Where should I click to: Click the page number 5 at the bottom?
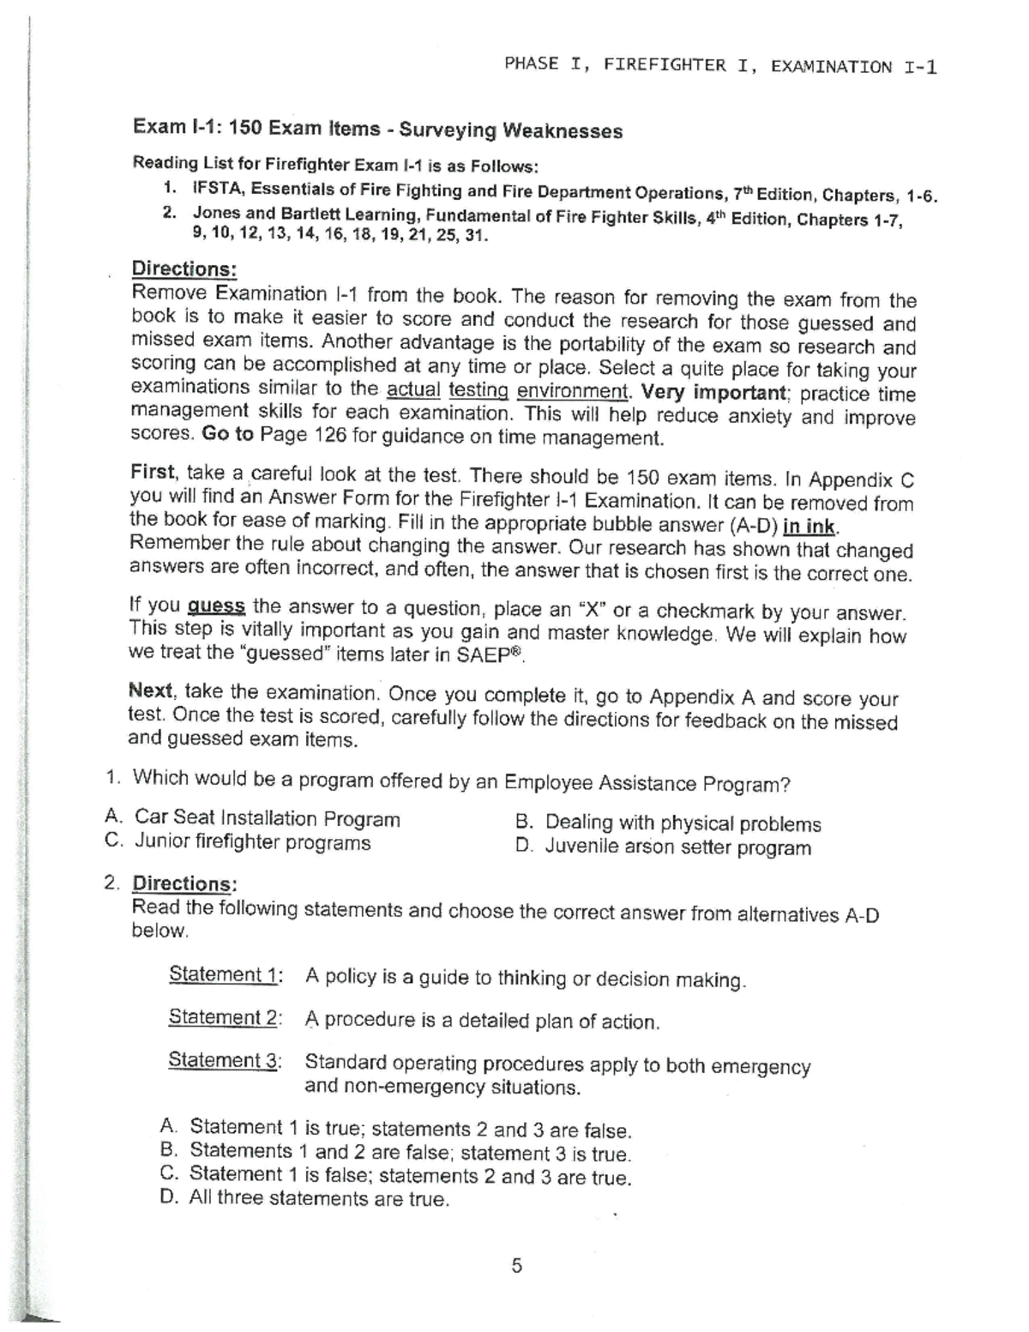pyautogui.click(x=516, y=1265)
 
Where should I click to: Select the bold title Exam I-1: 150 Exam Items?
pyautogui.click(x=256, y=128)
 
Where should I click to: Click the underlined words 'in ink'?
pyautogui.click(x=810, y=525)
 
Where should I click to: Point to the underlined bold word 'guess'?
pyautogui.click(x=217, y=606)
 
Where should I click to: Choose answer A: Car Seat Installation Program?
pyautogui.click(x=267, y=818)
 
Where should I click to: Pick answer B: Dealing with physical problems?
pyautogui.click(x=683, y=823)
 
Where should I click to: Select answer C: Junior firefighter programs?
pyautogui.click(x=252, y=842)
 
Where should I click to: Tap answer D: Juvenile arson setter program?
pyautogui.click(x=677, y=847)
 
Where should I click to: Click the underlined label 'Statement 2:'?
pyautogui.click(x=225, y=1017)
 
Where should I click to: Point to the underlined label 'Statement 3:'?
pyautogui.click(x=225, y=1060)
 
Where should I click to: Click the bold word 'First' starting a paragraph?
pyautogui.click(x=153, y=472)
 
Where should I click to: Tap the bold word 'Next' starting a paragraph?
pyautogui.click(x=151, y=690)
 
